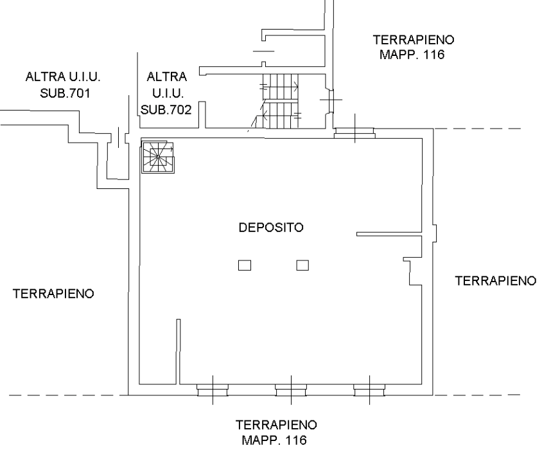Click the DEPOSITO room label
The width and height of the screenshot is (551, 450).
pyautogui.click(x=271, y=228)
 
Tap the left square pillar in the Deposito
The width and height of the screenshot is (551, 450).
pyautogui.click(x=245, y=265)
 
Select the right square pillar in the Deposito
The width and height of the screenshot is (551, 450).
pyautogui.click(x=302, y=265)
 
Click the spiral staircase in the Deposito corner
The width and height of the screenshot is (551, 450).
pyautogui.click(x=158, y=156)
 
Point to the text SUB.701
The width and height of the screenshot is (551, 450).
pyautogui.click(x=65, y=93)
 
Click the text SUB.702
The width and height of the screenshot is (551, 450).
pyautogui.click(x=166, y=110)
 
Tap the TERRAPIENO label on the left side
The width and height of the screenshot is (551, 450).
pyautogui.click(x=53, y=293)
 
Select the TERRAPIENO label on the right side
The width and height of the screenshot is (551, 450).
pyautogui.click(x=496, y=281)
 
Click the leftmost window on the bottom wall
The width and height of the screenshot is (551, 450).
pyautogui.click(x=213, y=390)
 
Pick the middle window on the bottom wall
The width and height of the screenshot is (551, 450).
pyautogui.click(x=291, y=390)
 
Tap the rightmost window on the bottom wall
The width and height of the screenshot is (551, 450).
pyautogui.click(x=369, y=390)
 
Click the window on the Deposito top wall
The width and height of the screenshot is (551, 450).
pyautogui.click(x=354, y=133)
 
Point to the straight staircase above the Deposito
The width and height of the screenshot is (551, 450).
pyautogui.click(x=281, y=102)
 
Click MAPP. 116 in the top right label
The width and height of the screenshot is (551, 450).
pyautogui.click(x=412, y=55)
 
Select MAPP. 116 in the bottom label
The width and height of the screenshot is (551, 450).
pyautogui.click(x=274, y=440)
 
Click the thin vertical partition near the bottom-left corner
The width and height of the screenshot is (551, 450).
pyautogui.click(x=178, y=352)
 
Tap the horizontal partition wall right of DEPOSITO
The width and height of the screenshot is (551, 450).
pyautogui.click(x=389, y=234)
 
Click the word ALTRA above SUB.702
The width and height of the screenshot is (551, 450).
pyautogui.click(x=166, y=76)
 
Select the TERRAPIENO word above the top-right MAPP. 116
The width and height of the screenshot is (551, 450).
pyautogui.click(x=414, y=40)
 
